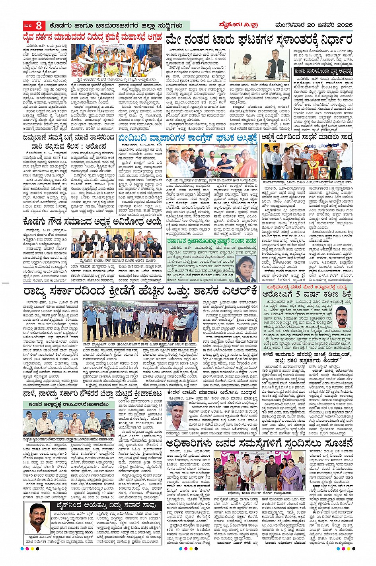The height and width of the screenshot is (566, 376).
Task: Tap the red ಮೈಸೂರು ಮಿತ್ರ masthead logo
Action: pos(239,25)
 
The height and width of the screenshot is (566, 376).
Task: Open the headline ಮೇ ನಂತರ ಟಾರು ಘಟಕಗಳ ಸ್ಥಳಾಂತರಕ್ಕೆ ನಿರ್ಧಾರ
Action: pos(259,40)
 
